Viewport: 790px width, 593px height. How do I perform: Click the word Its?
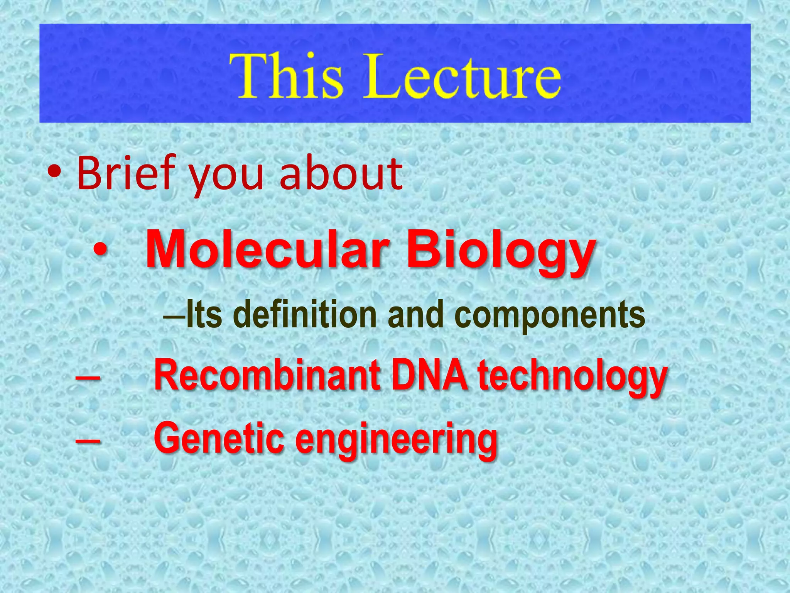[x=204, y=315]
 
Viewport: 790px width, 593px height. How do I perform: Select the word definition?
[x=305, y=315]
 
